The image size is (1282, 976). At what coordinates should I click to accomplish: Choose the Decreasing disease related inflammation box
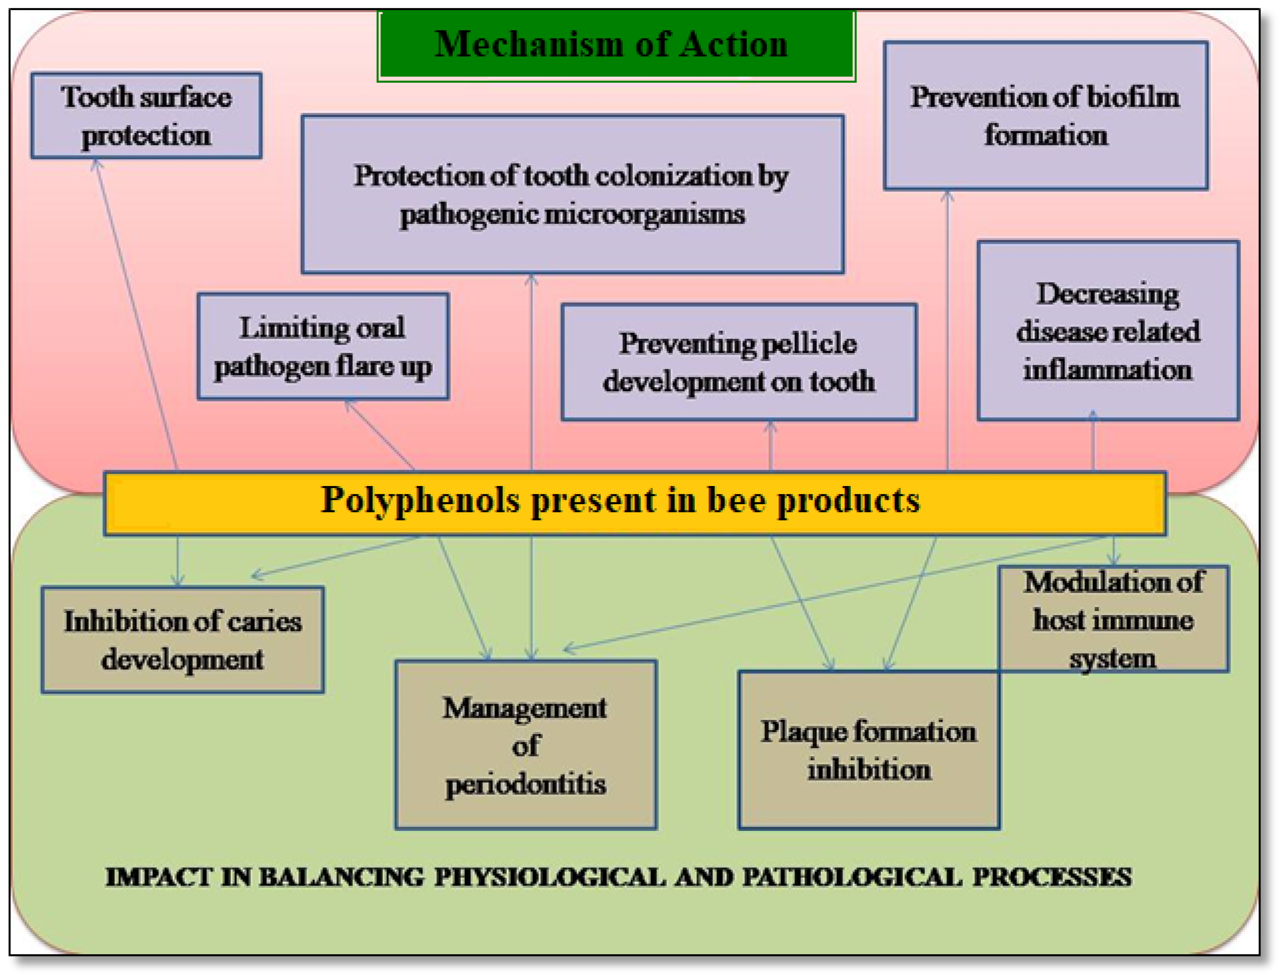(1107, 330)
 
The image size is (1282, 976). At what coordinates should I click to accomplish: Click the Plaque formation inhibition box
(869, 749)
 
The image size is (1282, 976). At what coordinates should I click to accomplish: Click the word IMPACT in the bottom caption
(158, 877)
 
